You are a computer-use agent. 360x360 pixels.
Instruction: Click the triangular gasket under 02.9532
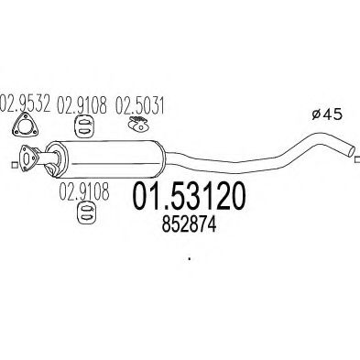(x=27, y=125)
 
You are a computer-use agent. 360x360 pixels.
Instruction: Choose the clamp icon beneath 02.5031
(x=137, y=125)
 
